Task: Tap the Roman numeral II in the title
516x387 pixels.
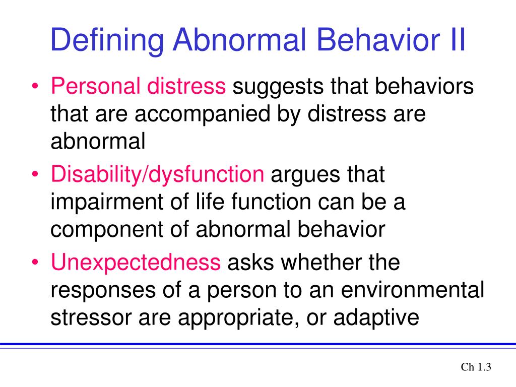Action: (457, 39)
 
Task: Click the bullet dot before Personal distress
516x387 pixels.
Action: (35, 86)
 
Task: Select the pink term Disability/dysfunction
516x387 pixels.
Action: (157, 175)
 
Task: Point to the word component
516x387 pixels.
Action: (107, 230)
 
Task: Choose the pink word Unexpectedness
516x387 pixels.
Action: (136, 262)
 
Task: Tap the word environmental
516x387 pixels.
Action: (412, 290)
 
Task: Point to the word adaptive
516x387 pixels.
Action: (376, 318)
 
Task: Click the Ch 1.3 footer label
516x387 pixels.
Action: (476, 367)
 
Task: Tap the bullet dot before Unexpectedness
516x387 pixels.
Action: (35, 262)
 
